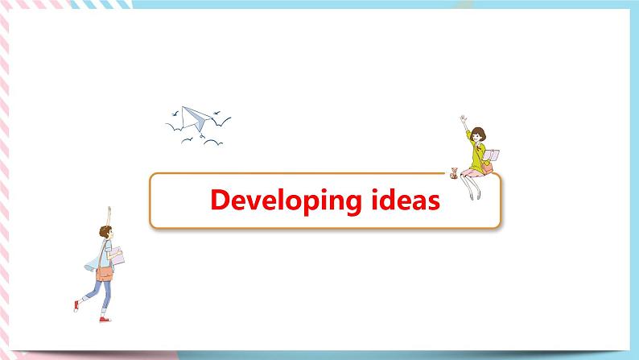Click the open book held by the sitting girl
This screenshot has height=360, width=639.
tap(493, 155)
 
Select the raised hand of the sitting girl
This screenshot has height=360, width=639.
tap(462, 118)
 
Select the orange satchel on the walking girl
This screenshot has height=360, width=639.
tap(105, 271)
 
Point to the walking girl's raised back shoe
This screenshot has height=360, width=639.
tap(76, 305)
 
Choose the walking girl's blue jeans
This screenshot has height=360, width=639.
tap(97, 294)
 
